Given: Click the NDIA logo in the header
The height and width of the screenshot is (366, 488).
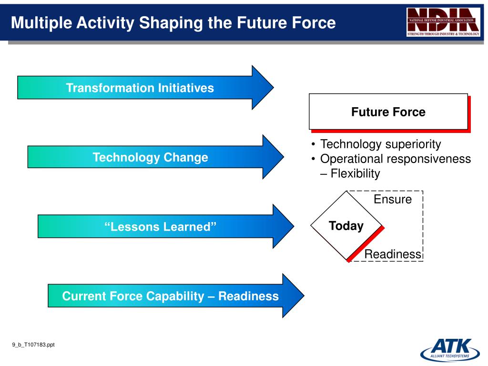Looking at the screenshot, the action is click(443, 22).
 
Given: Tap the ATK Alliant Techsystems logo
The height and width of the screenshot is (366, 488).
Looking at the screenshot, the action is click(450, 350).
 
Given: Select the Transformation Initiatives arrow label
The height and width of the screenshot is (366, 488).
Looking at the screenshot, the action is click(140, 88).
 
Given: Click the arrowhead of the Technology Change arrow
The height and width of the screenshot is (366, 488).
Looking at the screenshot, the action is click(273, 157).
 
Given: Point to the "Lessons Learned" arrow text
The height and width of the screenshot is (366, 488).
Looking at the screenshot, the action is click(160, 226).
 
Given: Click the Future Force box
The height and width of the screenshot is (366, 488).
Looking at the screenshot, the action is click(388, 112).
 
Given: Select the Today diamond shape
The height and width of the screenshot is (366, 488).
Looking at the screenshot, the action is click(346, 225).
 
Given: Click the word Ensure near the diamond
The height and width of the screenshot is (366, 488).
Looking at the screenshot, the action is click(393, 199).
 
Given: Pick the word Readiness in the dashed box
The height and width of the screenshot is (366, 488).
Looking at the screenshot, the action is click(393, 254).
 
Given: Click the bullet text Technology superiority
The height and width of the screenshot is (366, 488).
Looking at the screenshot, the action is click(380, 144).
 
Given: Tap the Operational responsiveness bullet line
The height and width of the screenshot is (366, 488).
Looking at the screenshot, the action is click(395, 159).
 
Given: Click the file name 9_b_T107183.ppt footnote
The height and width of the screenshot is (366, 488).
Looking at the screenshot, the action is click(33, 345).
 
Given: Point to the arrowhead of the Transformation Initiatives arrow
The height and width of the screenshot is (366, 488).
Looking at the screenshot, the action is click(263, 88).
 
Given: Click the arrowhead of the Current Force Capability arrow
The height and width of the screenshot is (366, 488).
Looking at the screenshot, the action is click(293, 295).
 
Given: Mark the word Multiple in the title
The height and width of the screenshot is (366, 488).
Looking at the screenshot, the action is click(42, 23).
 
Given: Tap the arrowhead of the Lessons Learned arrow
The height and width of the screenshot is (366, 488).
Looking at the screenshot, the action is click(283, 226).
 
